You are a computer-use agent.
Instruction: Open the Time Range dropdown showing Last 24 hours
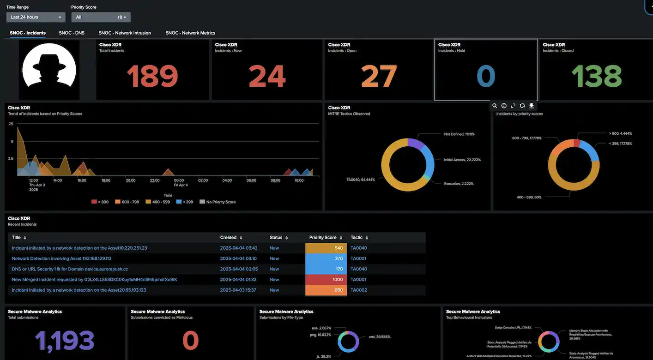coord(36,17)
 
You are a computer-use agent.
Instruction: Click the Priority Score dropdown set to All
coord(101,17)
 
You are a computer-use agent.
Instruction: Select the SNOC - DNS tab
coord(72,33)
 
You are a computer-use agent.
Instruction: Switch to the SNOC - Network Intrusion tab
coord(125,33)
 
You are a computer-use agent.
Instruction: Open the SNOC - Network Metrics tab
coord(190,33)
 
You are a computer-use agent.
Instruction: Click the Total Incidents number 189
coord(152,76)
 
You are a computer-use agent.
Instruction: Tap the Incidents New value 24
coord(267,76)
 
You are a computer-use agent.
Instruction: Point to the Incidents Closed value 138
coord(596,76)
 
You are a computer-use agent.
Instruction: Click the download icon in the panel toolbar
coord(532,106)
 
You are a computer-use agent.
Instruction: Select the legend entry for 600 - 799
coord(127,202)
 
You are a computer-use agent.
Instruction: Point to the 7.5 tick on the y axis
coord(11,124)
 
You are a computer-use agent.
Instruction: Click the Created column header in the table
coord(228,238)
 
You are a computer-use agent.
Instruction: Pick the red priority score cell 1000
coord(326,280)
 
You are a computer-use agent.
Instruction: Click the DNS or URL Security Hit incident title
coord(70,269)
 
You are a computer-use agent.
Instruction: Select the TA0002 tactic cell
coord(358,290)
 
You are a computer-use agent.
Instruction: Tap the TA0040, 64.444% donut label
coord(361,179)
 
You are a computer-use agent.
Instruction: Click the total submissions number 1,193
coord(65,341)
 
